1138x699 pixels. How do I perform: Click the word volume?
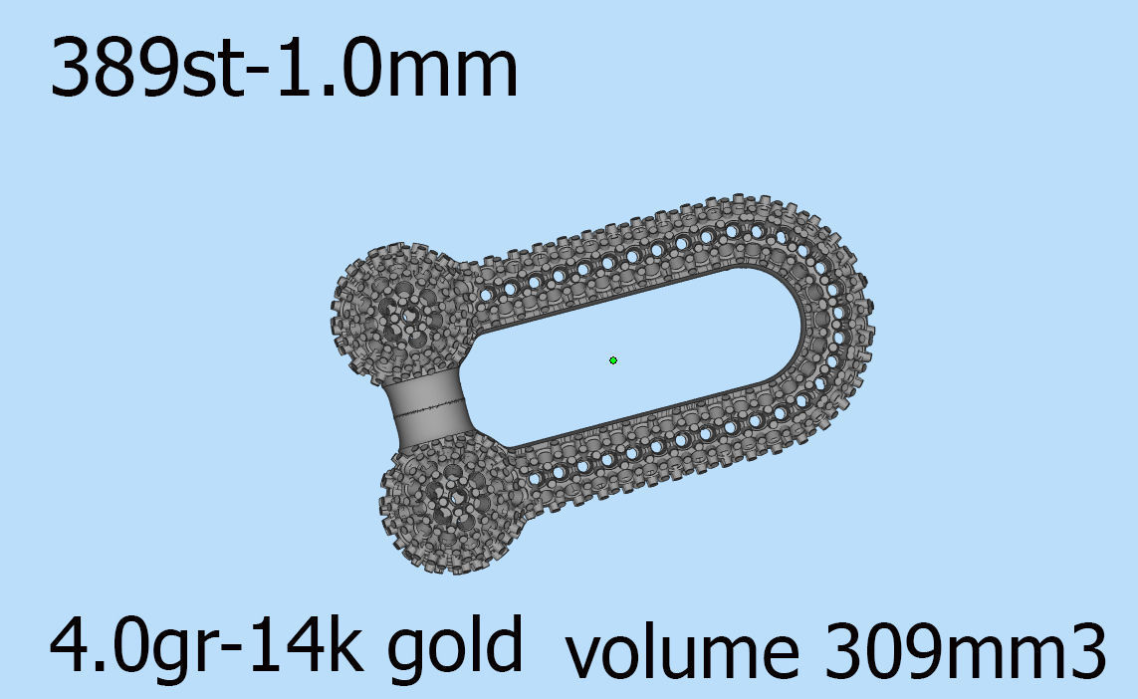tap(683, 652)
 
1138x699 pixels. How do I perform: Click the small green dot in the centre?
tap(613, 359)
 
